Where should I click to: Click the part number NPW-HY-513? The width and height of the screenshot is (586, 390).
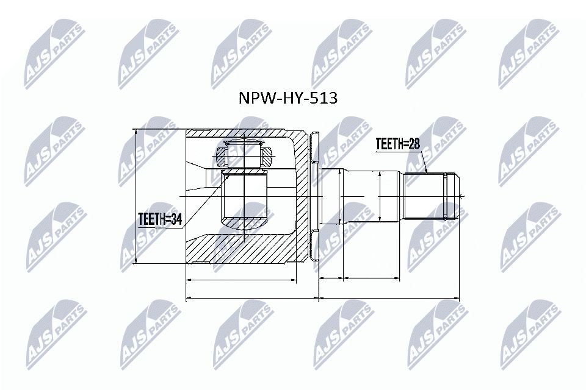[x=286, y=98]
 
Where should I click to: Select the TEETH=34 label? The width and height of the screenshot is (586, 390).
[x=161, y=218]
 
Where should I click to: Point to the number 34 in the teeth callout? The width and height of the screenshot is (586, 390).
[x=177, y=218]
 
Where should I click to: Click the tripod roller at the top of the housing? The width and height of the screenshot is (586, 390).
[x=244, y=154]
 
